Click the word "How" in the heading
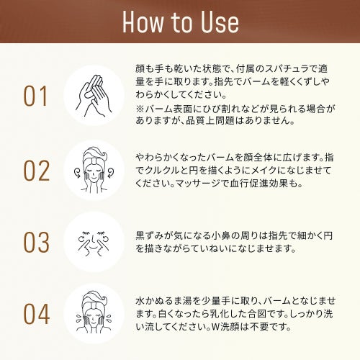[x=143, y=22]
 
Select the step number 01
[x=35, y=96]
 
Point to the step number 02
[x=37, y=171]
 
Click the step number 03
[x=37, y=242]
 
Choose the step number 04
[x=37, y=314]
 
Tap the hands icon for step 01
[x=94, y=96]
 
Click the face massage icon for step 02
[x=94, y=170]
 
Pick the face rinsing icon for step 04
[x=94, y=312]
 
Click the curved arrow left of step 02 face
[x=78, y=173]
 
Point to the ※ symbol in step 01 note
[x=140, y=109]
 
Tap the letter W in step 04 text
[x=215, y=327]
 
